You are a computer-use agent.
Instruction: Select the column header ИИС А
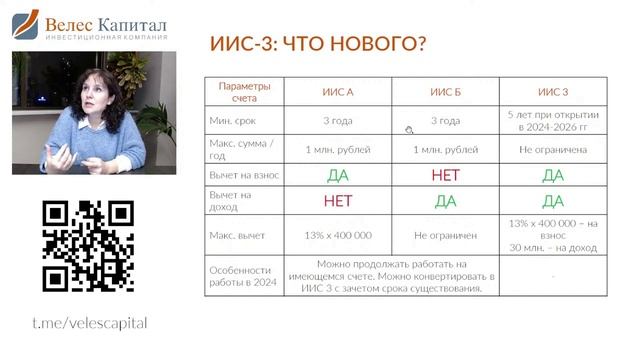[337, 92]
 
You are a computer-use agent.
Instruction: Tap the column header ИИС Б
[445, 92]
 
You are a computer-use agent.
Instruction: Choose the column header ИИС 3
[552, 92]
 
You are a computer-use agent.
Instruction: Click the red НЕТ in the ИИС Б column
[445, 175]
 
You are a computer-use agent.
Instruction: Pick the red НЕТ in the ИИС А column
[337, 201]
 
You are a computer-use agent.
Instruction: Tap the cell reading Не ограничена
[552, 149]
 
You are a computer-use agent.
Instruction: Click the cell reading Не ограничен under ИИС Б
[445, 235]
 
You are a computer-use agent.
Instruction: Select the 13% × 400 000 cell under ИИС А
[337, 235]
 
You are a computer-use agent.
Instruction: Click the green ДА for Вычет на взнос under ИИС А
[337, 175]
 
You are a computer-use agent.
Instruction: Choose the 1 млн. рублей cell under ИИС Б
[445, 149]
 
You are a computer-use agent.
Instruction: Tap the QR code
[88, 246]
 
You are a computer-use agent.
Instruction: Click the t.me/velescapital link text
[89, 323]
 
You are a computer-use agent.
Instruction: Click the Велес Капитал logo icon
[25, 25]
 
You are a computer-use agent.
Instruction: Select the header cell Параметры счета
[243, 92]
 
